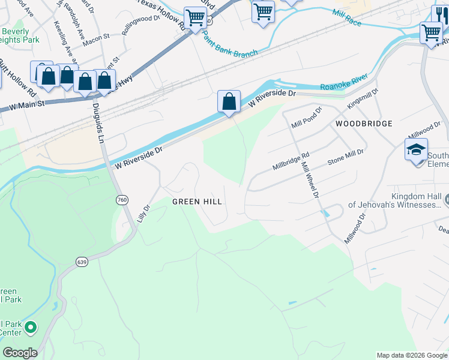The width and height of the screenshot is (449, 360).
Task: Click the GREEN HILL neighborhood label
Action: (197, 202)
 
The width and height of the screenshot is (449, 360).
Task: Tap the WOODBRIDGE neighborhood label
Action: (364, 124)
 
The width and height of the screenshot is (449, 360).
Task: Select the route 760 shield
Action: (122, 200)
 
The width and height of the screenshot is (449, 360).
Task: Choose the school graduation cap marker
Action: (416, 149)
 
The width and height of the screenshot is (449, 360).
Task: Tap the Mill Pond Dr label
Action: (307, 118)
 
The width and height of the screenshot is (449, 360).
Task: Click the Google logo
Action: (20, 353)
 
